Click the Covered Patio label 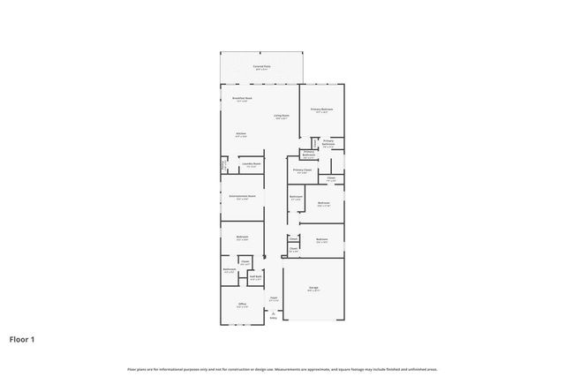[262, 66]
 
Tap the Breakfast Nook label [243, 98]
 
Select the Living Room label [281, 116]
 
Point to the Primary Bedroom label [321, 109]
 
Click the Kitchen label [240, 133]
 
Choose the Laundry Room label [251, 163]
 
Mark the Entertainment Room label [242, 196]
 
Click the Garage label [313, 288]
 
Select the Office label [241, 304]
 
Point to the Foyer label [274, 298]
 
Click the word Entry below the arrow [274, 318]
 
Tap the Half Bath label [254, 276]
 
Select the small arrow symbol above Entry [274, 312]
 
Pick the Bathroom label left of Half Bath [230, 269]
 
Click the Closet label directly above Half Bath [245, 261]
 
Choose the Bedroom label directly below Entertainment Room [242, 237]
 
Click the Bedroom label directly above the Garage [322, 239]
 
